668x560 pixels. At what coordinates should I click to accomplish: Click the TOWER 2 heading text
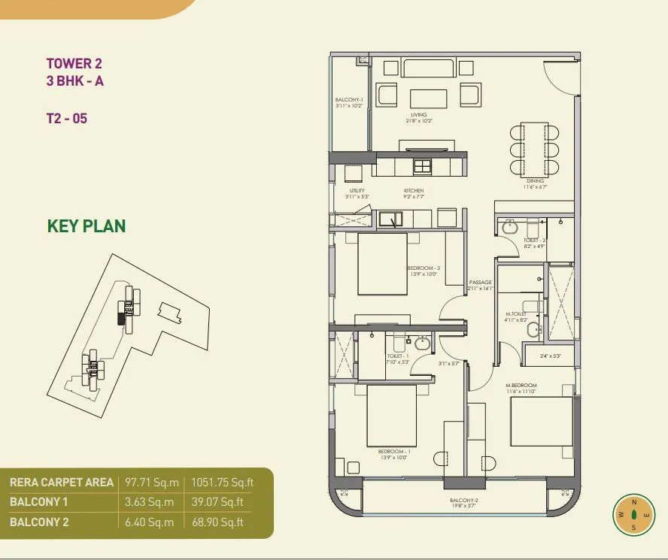[74, 64]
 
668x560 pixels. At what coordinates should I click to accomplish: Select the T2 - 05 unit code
[66, 118]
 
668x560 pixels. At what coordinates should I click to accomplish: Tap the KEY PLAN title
[87, 226]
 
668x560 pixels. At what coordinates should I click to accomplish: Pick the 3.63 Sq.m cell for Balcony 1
[149, 502]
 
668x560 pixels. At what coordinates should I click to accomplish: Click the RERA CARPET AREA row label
[62, 483]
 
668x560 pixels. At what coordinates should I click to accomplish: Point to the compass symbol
[633, 515]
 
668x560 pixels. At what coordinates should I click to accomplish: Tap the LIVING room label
[419, 115]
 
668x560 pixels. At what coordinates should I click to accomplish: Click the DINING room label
[535, 181]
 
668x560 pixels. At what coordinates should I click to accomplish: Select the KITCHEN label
[414, 191]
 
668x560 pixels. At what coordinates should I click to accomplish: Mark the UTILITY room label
[357, 191]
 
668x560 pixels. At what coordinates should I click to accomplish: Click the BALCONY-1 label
[349, 100]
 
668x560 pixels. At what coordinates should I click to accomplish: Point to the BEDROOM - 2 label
[423, 268]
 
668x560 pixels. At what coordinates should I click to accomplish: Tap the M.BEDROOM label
[521, 385]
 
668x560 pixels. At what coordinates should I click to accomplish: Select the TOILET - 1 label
[396, 356]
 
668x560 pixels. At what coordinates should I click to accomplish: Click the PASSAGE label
[480, 283]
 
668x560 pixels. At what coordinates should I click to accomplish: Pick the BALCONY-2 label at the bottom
[465, 500]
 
